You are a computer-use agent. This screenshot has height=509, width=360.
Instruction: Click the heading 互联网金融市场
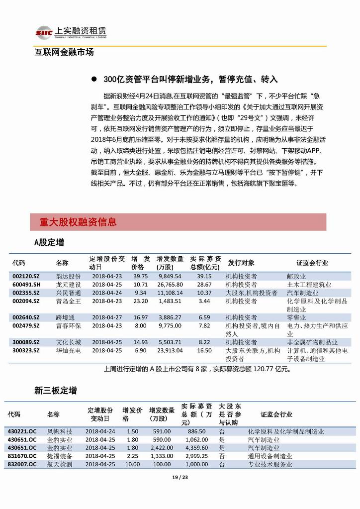[x=64, y=52]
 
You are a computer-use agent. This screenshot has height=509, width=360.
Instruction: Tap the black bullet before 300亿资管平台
[x=94, y=80]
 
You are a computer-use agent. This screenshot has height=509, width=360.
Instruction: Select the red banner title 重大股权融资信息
[x=78, y=222]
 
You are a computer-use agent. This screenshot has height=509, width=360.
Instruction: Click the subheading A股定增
[x=49, y=242]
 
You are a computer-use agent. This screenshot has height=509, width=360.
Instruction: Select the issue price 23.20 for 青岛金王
[x=141, y=301]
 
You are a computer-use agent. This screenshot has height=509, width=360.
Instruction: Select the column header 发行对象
[x=241, y=262]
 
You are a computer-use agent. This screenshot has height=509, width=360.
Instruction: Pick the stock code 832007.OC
[x=22, y=464]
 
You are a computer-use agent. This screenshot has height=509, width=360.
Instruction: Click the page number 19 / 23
[x=180, y=478]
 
